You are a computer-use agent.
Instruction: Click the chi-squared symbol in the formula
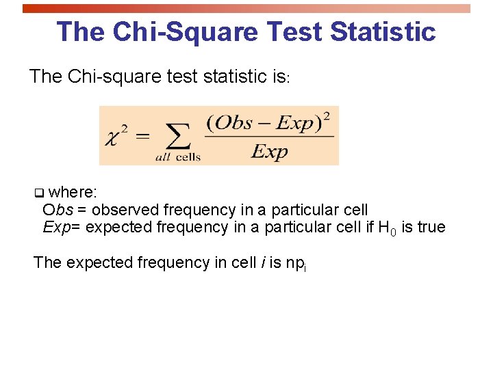(x=116, y=137)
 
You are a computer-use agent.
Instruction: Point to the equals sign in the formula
(x=142, y=136)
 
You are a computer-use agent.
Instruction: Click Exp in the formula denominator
(x=270, y=151)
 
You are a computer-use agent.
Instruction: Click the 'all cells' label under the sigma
(x=178, y=157)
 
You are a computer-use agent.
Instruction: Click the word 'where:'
(x=73, y=193)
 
